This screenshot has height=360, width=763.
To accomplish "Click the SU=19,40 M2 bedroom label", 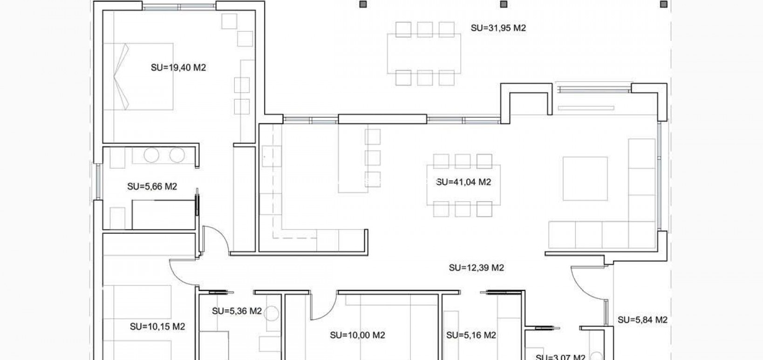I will point(178,68).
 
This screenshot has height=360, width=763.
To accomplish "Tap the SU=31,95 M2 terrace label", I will point(498,28).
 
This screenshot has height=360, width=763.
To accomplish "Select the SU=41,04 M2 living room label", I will point(463,182).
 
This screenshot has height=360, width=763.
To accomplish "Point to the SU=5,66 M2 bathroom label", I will point(152,187).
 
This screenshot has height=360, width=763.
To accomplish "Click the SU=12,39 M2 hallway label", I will point(476,268).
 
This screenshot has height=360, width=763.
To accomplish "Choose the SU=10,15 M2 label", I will point(157,326).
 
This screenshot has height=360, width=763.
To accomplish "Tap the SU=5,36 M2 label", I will point(237,311).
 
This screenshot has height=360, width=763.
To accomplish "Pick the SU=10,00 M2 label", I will point(357,335).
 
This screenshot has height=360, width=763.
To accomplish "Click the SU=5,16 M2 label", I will point(471,335).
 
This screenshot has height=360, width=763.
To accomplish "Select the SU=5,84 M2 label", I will point(642,320).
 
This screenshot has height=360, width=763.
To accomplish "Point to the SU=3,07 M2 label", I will point(560,357).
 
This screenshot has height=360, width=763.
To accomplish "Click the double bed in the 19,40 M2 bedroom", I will point(138,77).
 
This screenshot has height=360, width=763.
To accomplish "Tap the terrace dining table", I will point(424,54).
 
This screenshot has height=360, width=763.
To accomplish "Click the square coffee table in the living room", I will point(585,178).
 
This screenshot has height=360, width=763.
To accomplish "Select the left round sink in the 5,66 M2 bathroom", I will point(151,155).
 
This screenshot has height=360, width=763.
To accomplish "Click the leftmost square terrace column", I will point(363,5).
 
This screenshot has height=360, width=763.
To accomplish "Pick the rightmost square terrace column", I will point(663,5).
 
